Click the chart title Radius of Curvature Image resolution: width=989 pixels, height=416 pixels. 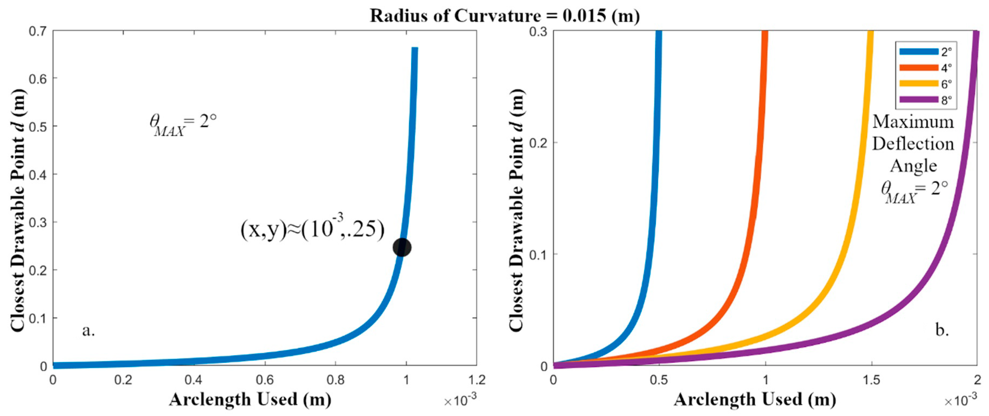pyautogui.click(x=505, y=16)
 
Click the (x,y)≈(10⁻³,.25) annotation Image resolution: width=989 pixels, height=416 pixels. pyautogui.click(x=312, y=229)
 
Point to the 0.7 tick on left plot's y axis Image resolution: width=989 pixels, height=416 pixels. pyautogui.click(x=38, y=31)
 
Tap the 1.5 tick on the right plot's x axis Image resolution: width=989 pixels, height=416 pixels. pyautogui.click(x=871, y=380)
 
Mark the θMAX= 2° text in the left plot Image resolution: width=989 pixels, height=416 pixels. pyautogui.click(x=183, y=125)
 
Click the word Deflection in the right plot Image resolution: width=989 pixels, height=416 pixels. pyautogui.click(x=913, y=144)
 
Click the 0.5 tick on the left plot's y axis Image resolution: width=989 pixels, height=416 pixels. pyautogui.click(x=38, y=126)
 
